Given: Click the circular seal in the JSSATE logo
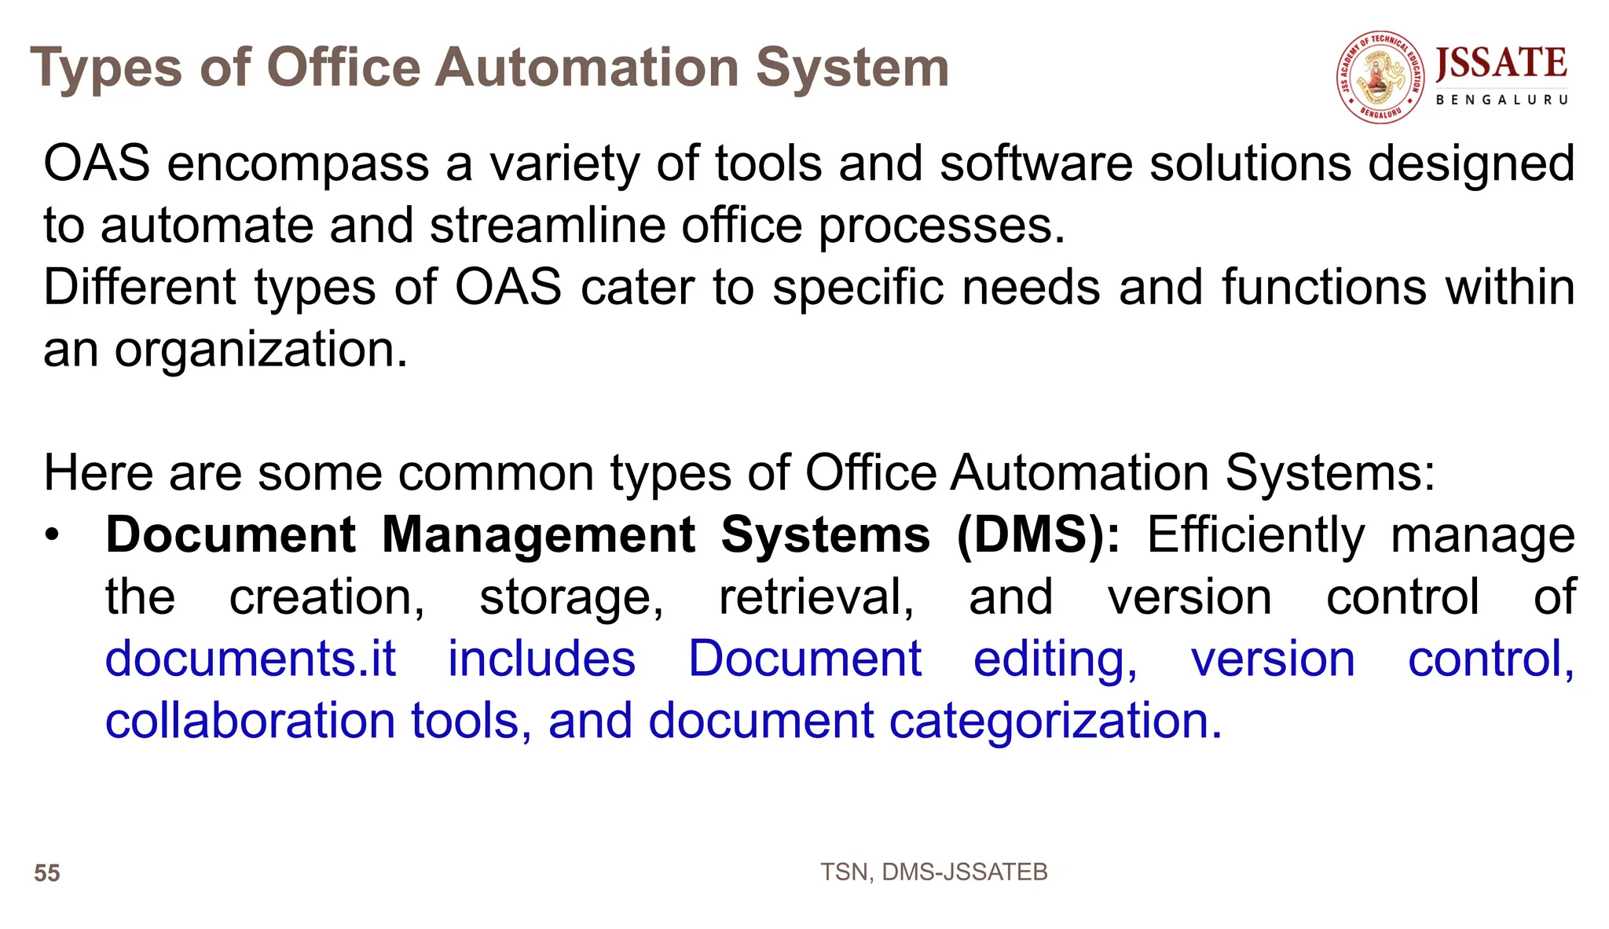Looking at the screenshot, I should click(1381, 78).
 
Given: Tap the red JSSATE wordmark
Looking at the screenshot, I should click(1501, 63).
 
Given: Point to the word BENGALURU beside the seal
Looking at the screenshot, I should click(1502, 100).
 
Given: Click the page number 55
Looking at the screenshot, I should click(47, 873).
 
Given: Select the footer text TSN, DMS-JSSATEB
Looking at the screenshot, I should click(933, 872).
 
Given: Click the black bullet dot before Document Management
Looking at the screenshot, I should click(52, 535).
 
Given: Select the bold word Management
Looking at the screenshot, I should click(538, 535).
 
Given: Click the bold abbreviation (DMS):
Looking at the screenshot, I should click(1039, 535).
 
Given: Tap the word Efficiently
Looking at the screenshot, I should click(1255, 535).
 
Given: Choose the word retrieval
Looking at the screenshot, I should click(816, 597).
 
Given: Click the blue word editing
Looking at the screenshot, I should click(1054, 659).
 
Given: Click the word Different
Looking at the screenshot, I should click(139, 287).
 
